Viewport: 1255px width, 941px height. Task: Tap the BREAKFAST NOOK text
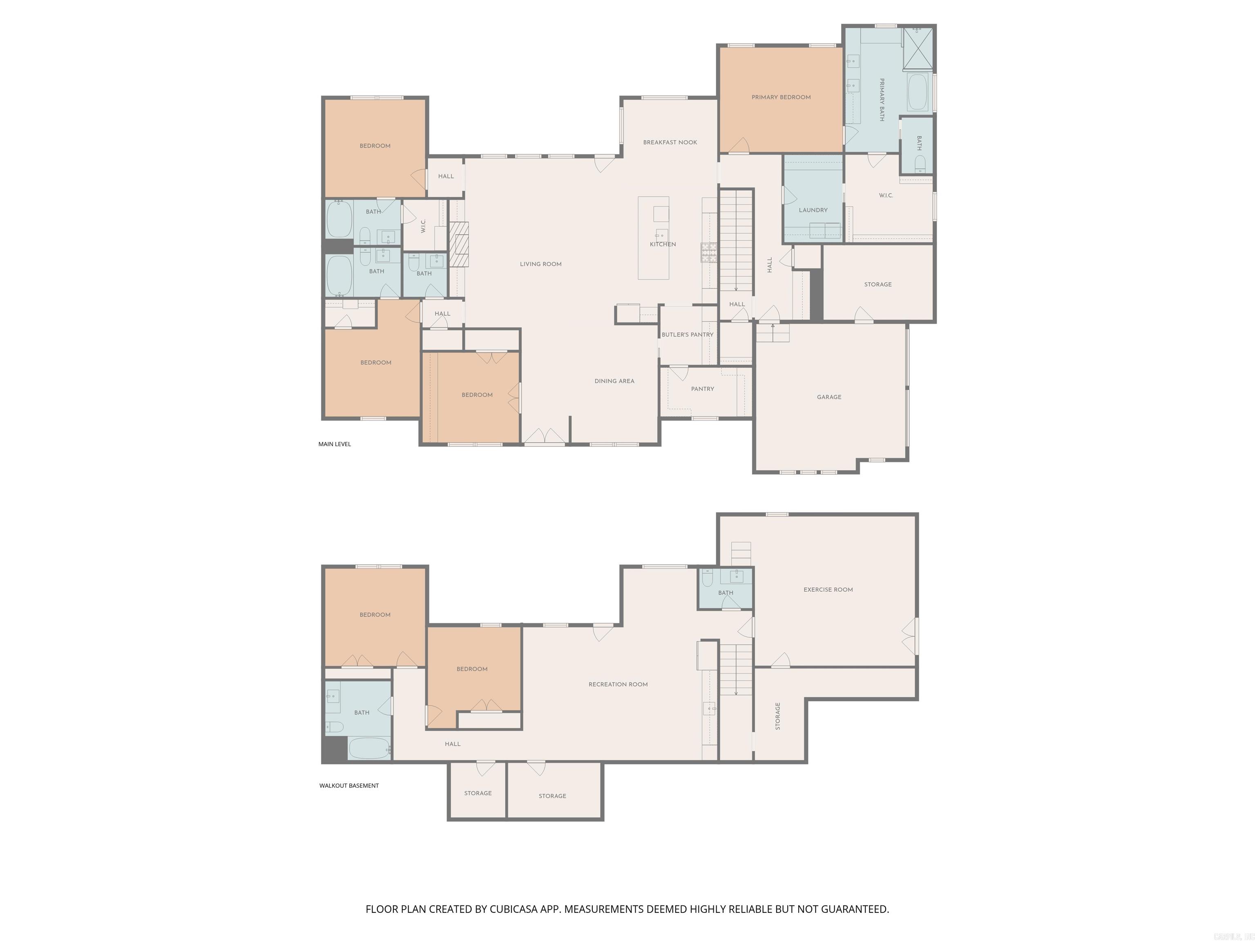click(x=670, y=143)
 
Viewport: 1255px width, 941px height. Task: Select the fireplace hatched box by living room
click(x=459, y=244)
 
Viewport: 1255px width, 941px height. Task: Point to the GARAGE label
click(x=828, y=397)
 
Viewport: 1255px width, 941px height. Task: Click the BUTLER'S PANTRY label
click(x=687, y=334)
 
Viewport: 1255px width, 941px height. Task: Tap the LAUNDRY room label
click(x=813, y=210)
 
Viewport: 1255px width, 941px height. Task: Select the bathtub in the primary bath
click(x=917, y=92)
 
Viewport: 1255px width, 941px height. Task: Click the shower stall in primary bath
click(x=918, y=49)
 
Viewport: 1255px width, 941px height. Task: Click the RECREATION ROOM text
click(x=618, y=685)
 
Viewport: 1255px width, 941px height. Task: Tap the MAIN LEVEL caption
click(x=334, y=444)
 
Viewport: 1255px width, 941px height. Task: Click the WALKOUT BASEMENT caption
click(x=348, y=785)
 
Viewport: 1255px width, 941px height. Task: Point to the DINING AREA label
click(x=614, y=381)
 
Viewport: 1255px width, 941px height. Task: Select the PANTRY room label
click(x=702, y=389)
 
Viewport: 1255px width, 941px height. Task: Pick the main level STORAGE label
click(x=877, y=285)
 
